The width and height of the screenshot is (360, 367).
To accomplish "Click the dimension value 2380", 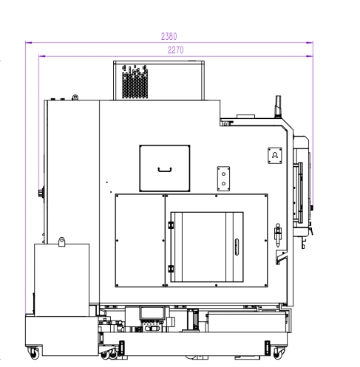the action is coord(169,36).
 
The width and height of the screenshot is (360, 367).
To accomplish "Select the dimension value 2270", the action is coord(175,50).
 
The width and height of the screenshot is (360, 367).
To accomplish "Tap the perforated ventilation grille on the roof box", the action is coord(135,82).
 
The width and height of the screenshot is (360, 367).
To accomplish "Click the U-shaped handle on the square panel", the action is coord(165,170).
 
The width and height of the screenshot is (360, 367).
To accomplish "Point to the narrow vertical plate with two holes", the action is coord(223,179).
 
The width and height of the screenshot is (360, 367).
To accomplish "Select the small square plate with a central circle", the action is coord(275,155).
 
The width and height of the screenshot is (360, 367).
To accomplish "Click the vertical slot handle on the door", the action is coord(237,247).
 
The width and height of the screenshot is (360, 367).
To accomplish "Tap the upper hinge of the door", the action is coord(171,225).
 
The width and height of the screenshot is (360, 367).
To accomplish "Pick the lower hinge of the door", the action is coord(171,269).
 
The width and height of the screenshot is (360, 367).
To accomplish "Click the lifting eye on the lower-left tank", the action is coord(61,241).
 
